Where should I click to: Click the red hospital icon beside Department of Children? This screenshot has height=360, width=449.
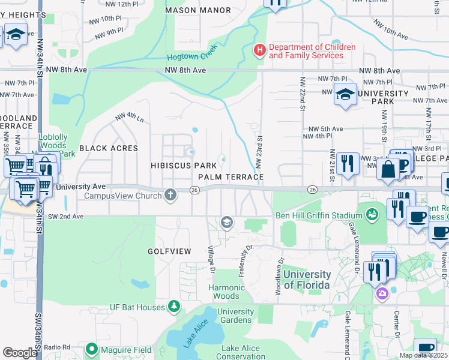[260, 49]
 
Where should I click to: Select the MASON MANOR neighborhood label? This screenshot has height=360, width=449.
[197, 10]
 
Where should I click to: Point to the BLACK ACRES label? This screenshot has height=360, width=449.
[109, 148]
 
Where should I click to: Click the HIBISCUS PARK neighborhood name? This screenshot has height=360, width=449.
[183, 165]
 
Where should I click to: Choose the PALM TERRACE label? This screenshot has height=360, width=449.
[231, 177]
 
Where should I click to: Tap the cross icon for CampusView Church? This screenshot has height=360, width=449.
[171, 194]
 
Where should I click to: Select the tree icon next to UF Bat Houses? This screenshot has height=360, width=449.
[174, 307]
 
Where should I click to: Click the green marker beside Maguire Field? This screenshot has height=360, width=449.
[92, 349]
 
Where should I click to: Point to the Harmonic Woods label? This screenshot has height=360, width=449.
[227, 292]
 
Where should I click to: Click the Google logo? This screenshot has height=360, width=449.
[19, 352]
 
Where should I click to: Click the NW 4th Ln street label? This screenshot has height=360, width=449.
[130, 117]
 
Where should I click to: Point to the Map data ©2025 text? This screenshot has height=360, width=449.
[423, 355]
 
